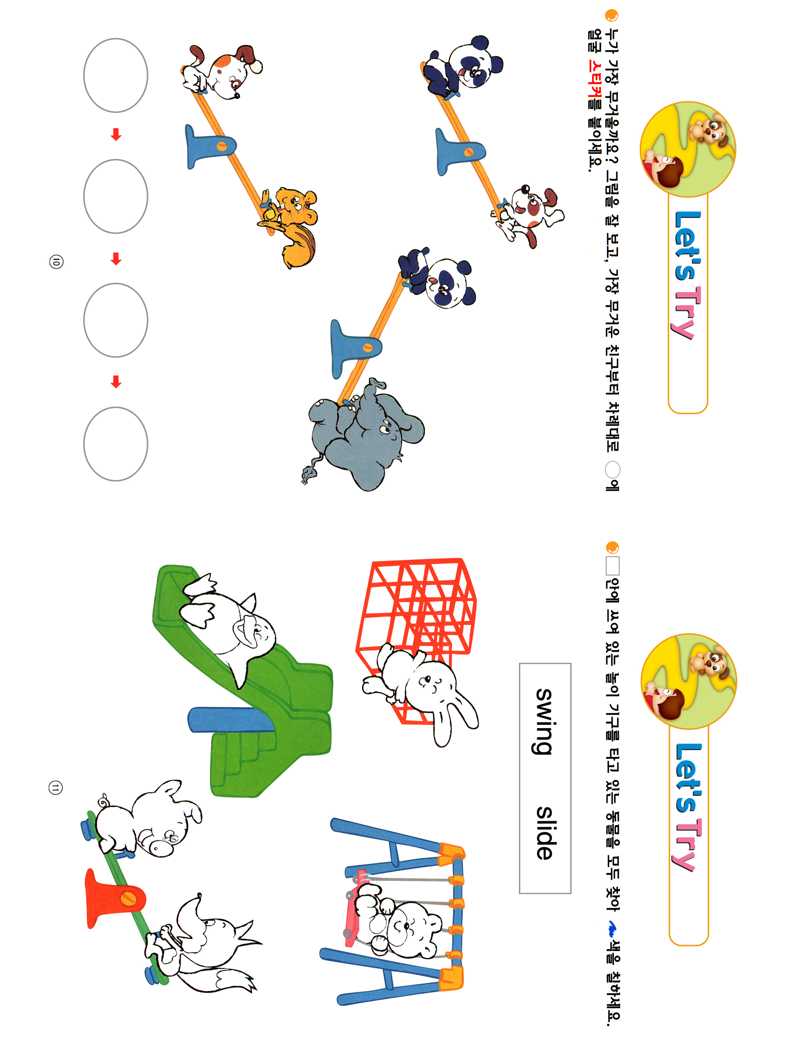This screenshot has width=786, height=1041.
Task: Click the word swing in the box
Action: click(x=544, y=721)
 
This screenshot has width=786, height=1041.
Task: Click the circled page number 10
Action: click(x=56, y=261)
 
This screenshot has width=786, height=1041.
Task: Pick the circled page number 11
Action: click(x=56, y=788)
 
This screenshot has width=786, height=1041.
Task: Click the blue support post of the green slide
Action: click(x=231, y=720)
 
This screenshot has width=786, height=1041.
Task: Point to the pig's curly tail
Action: click(x=103, y=799)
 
